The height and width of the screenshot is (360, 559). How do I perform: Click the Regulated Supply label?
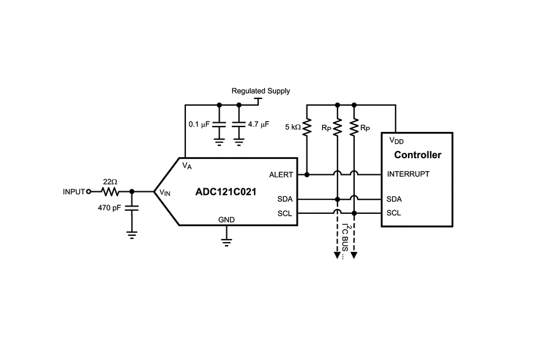point(261,91)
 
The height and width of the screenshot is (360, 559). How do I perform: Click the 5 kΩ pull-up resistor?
point(307,127)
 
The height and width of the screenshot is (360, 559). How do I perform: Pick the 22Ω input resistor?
point(110,191)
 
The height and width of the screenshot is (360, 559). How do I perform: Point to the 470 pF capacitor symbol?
point(131,208)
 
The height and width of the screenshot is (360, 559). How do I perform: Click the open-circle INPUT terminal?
point(89,191)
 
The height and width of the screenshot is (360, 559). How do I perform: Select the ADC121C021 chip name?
point(226,192)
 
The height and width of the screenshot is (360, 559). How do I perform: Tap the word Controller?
point(417,155)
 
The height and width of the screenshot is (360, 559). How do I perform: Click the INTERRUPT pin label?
point(408,174)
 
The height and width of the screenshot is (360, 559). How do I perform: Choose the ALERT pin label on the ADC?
point(281,175)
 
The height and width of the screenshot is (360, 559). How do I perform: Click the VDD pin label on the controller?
point(397,141)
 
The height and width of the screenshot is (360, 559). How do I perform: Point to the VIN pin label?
point(165,193)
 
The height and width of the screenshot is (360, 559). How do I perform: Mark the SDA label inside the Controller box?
point(394,199)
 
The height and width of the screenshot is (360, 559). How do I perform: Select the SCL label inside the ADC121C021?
point(284,213)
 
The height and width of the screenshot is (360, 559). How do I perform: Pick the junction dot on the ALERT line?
point(307,174)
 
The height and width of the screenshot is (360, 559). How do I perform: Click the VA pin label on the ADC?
point(187,165)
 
